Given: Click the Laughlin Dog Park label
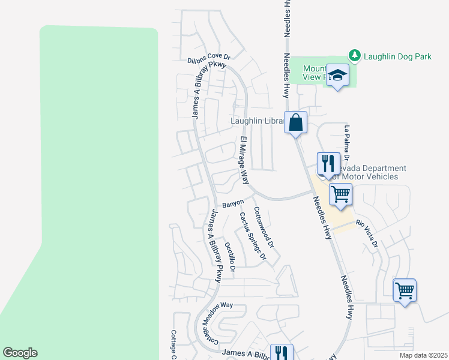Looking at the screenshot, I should (397, 57).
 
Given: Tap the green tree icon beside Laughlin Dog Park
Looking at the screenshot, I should (355, 56).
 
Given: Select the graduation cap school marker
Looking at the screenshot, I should (338, 76).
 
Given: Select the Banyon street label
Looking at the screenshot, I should (233, 204).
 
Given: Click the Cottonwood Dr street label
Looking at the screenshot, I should (264, 229).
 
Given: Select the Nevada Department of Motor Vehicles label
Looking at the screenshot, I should (366, 173).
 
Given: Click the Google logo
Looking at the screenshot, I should (20, 353).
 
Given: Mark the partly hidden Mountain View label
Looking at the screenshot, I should (313, 73).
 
